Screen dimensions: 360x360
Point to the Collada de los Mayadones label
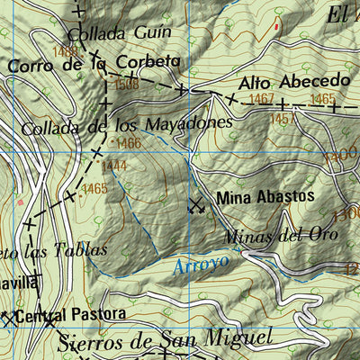121,125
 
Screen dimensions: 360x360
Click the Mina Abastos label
265,196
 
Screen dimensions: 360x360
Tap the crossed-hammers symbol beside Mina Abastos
196,205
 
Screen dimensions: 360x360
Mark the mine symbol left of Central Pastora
5,318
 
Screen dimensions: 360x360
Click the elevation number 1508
126,84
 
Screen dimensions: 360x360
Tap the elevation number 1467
263,99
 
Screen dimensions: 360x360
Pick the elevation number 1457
282,119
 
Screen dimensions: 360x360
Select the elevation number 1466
128,143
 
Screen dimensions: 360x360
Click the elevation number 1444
114,166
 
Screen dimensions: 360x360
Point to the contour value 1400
345,156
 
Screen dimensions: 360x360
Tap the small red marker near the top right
275,27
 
